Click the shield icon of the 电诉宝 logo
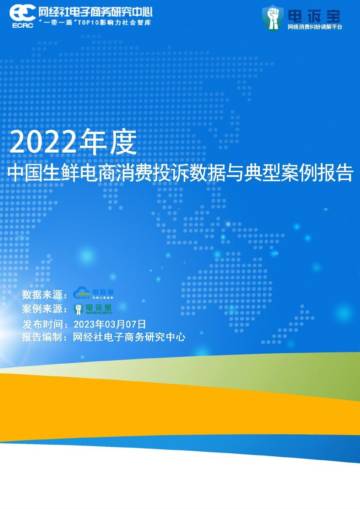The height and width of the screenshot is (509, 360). click(x=272, y=16)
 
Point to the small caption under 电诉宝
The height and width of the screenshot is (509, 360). click(x=315, y=27)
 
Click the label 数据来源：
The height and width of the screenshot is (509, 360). click(x=45, y=295)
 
